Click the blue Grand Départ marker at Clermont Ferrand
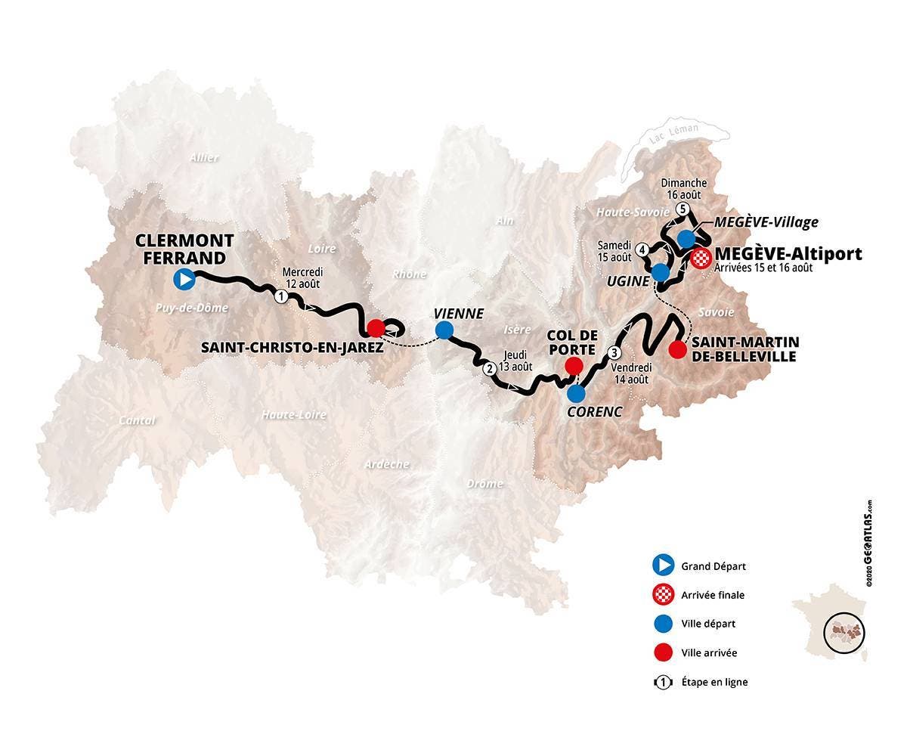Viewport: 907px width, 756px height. (184, 280)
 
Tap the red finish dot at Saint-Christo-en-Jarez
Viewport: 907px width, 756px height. (376, 328)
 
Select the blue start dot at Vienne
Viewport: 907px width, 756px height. (444, 330)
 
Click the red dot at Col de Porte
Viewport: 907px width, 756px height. (574, 366)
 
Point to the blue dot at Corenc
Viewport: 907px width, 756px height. (576, 393)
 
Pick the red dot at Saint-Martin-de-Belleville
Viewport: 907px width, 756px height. (678, 349)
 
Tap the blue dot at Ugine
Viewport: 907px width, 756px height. (661, 272)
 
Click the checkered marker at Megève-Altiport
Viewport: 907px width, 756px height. (701, 258)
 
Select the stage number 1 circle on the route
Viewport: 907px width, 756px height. (280, 297)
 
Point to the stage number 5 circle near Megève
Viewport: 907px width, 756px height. (683, 209)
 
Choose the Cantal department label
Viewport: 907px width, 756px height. (138, 420)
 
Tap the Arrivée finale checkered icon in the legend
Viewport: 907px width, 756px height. (663, 594)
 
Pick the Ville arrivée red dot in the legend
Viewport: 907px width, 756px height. (663, 652)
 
